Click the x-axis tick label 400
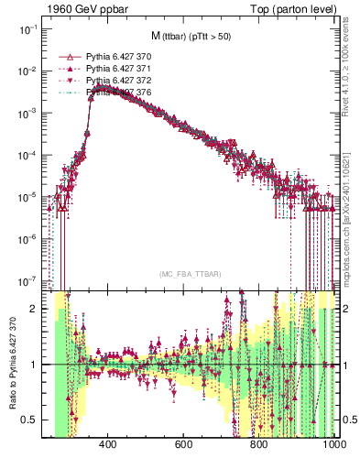tap(106, 446)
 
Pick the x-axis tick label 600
tap(182, 446)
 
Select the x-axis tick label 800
tap(258, 446)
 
